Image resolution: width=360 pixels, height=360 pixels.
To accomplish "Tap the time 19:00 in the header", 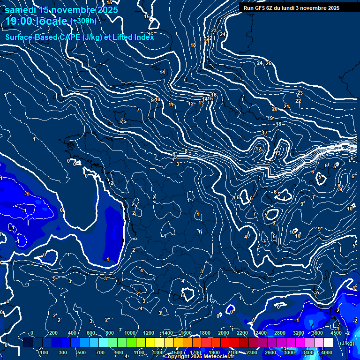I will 18,21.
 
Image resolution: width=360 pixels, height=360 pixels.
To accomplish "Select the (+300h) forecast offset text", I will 83,21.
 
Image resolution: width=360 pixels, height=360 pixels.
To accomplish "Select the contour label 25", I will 269,63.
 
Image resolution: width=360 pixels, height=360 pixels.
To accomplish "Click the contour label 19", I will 270,118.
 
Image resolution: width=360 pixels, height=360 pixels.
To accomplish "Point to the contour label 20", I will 275,109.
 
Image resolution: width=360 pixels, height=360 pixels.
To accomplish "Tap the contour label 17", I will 265,133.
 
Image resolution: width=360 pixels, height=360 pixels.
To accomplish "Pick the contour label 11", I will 171,105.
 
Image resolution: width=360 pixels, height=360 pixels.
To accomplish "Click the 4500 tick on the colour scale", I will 336,333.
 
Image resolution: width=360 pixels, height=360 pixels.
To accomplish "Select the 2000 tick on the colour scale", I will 224,333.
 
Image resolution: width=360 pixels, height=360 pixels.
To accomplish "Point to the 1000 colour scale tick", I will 130,333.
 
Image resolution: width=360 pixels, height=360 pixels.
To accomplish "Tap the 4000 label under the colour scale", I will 327,352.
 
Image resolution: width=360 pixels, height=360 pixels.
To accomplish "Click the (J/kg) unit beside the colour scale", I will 347,343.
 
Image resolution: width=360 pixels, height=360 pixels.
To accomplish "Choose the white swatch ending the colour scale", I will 329,343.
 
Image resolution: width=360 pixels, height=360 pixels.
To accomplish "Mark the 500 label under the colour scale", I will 81,352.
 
